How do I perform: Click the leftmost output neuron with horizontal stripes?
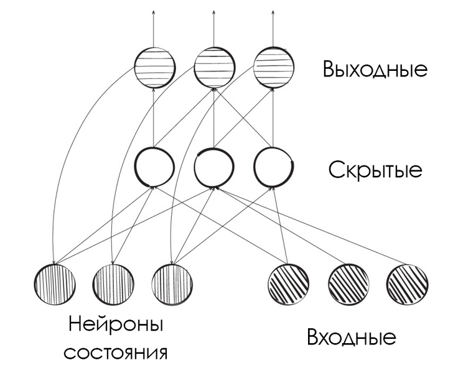point(155,67)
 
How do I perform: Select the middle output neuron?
point(214,67)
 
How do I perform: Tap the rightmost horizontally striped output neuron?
point(274,67)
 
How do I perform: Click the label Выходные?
point(375,68)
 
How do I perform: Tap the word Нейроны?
point(117,325)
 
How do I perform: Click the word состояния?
point(117,352)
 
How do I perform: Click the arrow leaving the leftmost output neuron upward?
point(155,28)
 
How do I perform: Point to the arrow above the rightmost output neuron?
point(274,28)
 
